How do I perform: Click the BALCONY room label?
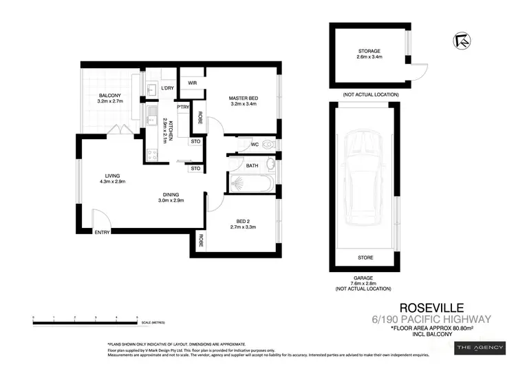[x=110, y=96]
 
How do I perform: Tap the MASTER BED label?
[x=242, y=98]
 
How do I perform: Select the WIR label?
[x=192, y=83]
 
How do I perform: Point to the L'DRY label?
[x=167, y=87]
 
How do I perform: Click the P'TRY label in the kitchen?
[x=183, y=107]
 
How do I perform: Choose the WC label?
[x=255, y=145]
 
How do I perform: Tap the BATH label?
[x=252, y=165]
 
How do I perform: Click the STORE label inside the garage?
[x=365, y=258]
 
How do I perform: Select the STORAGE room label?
[x=369, y=51]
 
